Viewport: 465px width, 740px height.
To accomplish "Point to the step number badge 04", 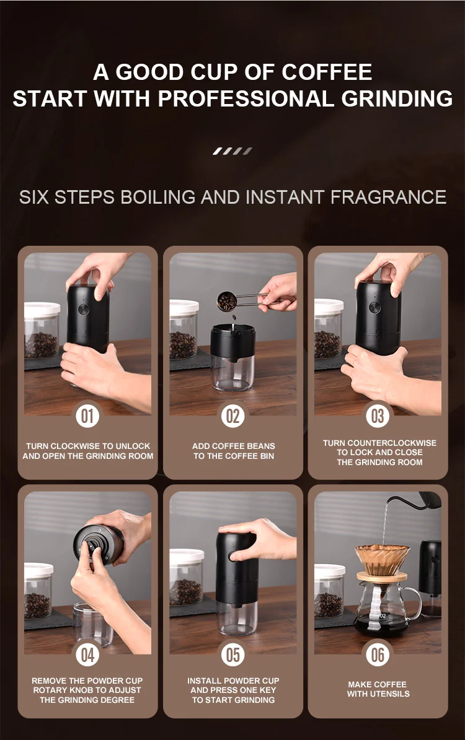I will [x=87, y=655].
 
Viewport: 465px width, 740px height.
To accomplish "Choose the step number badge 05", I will [x=232, y=655].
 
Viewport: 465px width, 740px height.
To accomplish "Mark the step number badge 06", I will [x=378, y=655].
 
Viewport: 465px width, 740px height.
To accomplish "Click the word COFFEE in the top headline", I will [x=327, y=72].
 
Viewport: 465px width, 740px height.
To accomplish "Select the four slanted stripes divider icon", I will [x=232, y=150].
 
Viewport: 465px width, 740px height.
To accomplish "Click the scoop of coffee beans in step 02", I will [x=227, y=302].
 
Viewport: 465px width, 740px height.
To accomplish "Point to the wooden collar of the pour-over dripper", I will [x=382, y=577].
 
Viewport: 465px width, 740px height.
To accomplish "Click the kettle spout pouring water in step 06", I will [x=391, y=500].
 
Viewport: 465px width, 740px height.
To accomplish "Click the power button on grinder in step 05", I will [x=232, y=556].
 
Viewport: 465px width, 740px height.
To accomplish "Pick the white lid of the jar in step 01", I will [x=42, y=310].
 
